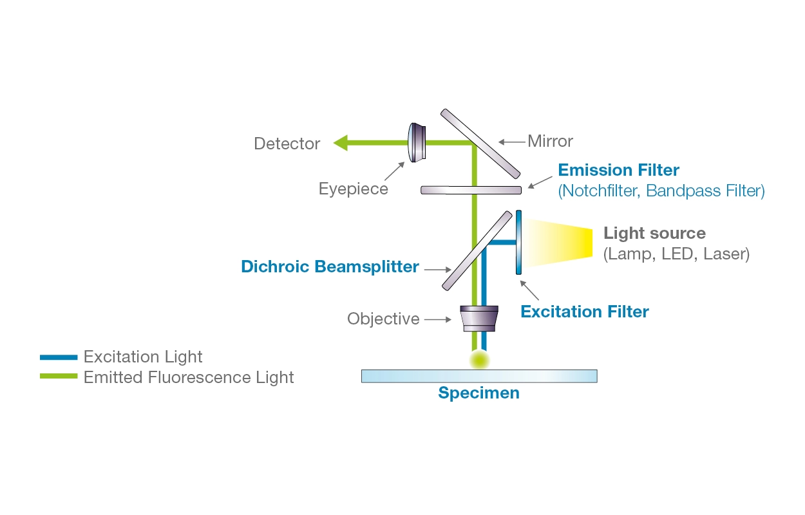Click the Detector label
(287, 144)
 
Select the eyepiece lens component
(417, 142)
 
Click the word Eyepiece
(354, 189)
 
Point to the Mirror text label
(550, 141)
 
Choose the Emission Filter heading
(618, 171)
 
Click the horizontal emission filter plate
(471, 189)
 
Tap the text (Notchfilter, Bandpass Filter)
(661, 191)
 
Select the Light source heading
(654, 233)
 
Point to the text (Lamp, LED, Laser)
(676, 254)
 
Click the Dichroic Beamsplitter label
(330, 267)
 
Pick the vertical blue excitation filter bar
(518, 242)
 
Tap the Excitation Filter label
(585, 312)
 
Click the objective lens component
(480, 318)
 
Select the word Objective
(383, 319)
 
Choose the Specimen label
(478, 393)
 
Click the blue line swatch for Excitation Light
(58, 357)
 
